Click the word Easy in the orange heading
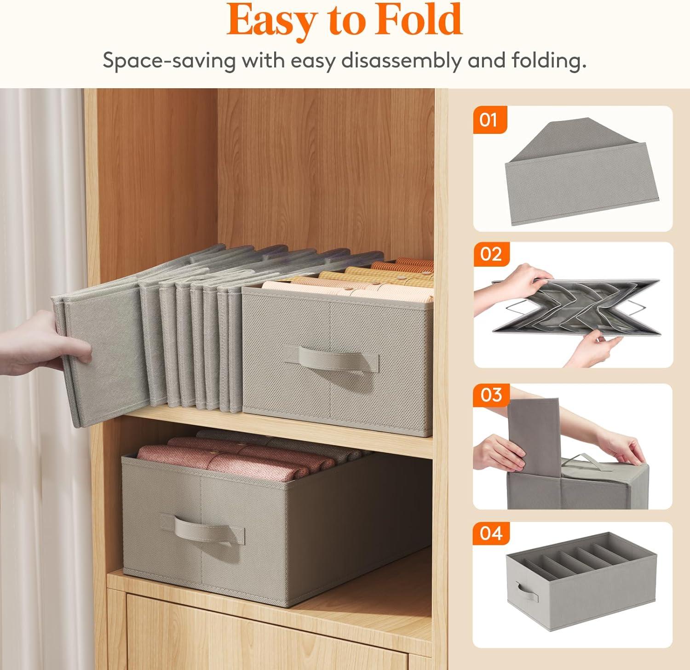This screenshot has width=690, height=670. [x=270, y=21]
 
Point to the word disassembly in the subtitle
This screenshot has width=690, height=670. [x=408, y=61]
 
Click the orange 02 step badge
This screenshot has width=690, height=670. [x=490, y=254]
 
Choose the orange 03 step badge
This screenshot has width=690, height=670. [x=490, y=395]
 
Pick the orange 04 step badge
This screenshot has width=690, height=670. [x=490, y=534]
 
